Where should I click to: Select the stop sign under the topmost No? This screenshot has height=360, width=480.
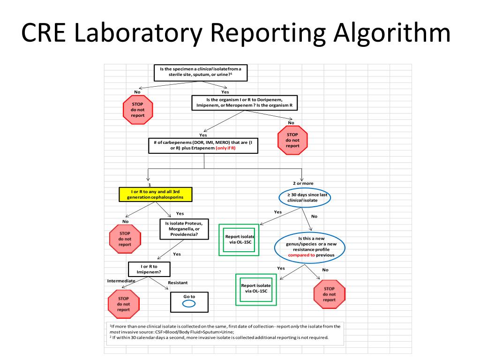coord(137,109)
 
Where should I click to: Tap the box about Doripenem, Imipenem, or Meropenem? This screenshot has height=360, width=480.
coord(245,103)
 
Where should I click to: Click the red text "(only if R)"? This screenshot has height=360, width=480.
coord(225,148)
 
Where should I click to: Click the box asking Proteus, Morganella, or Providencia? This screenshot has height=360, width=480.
coord(184,229)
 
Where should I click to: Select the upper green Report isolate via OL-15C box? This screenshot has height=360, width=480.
coord(239,240)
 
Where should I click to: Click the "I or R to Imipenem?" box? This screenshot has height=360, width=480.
coord(149,269)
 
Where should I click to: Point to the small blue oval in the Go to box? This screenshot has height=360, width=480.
coord(189,304)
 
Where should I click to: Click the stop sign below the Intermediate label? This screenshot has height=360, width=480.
coord(124,304)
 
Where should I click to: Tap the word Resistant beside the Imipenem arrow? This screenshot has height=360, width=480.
coord(178,283)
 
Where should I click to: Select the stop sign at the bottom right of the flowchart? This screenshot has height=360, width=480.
coord(329,294)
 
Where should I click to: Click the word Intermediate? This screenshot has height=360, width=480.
coord(121,281)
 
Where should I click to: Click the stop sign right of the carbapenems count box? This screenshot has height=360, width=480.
coord(292,140)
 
